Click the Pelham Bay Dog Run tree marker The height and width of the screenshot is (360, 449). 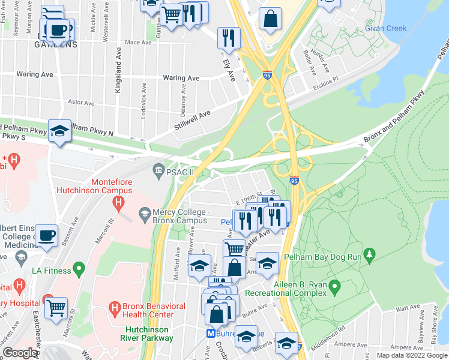(x=370, y=256)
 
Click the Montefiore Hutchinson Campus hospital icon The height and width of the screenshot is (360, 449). (x=119, y=204)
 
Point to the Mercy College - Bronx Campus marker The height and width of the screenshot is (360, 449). (x=144, y=213)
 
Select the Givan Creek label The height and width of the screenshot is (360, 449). (x=386, y=28)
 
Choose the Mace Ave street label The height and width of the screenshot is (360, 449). (x=138, y=43)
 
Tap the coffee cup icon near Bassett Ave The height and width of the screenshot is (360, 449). (x=46, y=236)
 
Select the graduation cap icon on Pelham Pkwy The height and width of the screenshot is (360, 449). (x=59, y=131)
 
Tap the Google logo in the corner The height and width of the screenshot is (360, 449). (x=19, y=353)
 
